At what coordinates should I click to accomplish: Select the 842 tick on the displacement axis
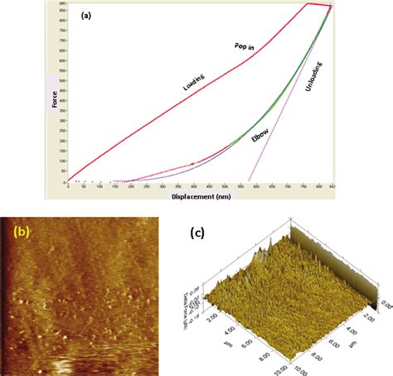click(x=330, y=188)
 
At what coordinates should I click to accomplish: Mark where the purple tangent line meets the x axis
click(x=249, y=181)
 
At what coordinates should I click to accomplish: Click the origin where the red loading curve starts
click(x=68, y=181)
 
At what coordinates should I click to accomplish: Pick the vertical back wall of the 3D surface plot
click(x=369, y=265)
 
